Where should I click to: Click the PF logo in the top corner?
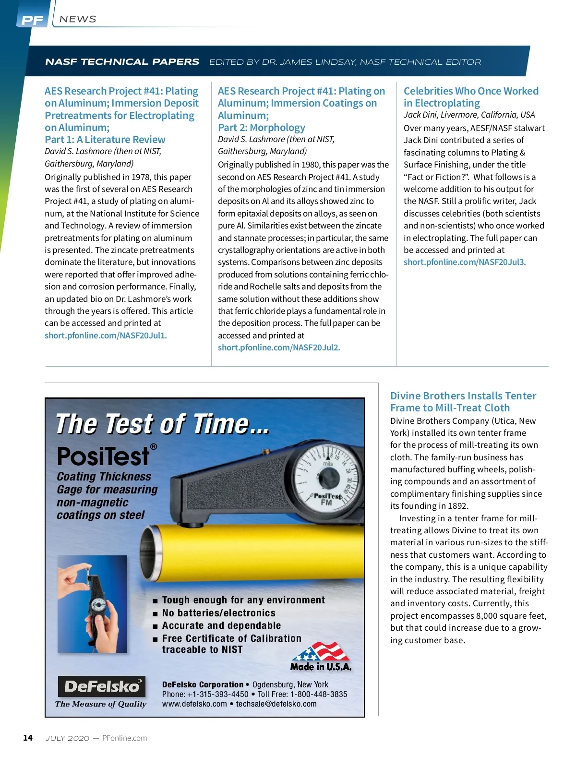click(x=33, y=20)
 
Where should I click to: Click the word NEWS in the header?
click(x=78, y=19)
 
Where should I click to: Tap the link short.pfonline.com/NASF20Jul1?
click(x=106, y=336)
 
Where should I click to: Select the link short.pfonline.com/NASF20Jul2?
click(x=279, y=348)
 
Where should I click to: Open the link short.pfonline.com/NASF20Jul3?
click(x=465, y=262)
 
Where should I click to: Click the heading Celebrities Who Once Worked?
click(x=471, y=91)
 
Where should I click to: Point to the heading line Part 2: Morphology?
click(x=262, y=128)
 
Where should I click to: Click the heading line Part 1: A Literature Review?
click(x=105, y=140)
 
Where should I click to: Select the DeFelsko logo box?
click(x=101, y=686)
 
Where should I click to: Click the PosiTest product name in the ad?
click(x=104, y=456)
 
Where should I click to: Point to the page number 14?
click(x=28, y=738)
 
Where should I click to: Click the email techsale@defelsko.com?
click(x=276, y=704)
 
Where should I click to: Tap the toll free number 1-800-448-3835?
click(x=319, y=695)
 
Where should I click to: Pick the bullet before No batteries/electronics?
click(x=155, y=613)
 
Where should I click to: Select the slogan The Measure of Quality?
click(x=101, y=704)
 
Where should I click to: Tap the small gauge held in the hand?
click(x=98, y=605)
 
